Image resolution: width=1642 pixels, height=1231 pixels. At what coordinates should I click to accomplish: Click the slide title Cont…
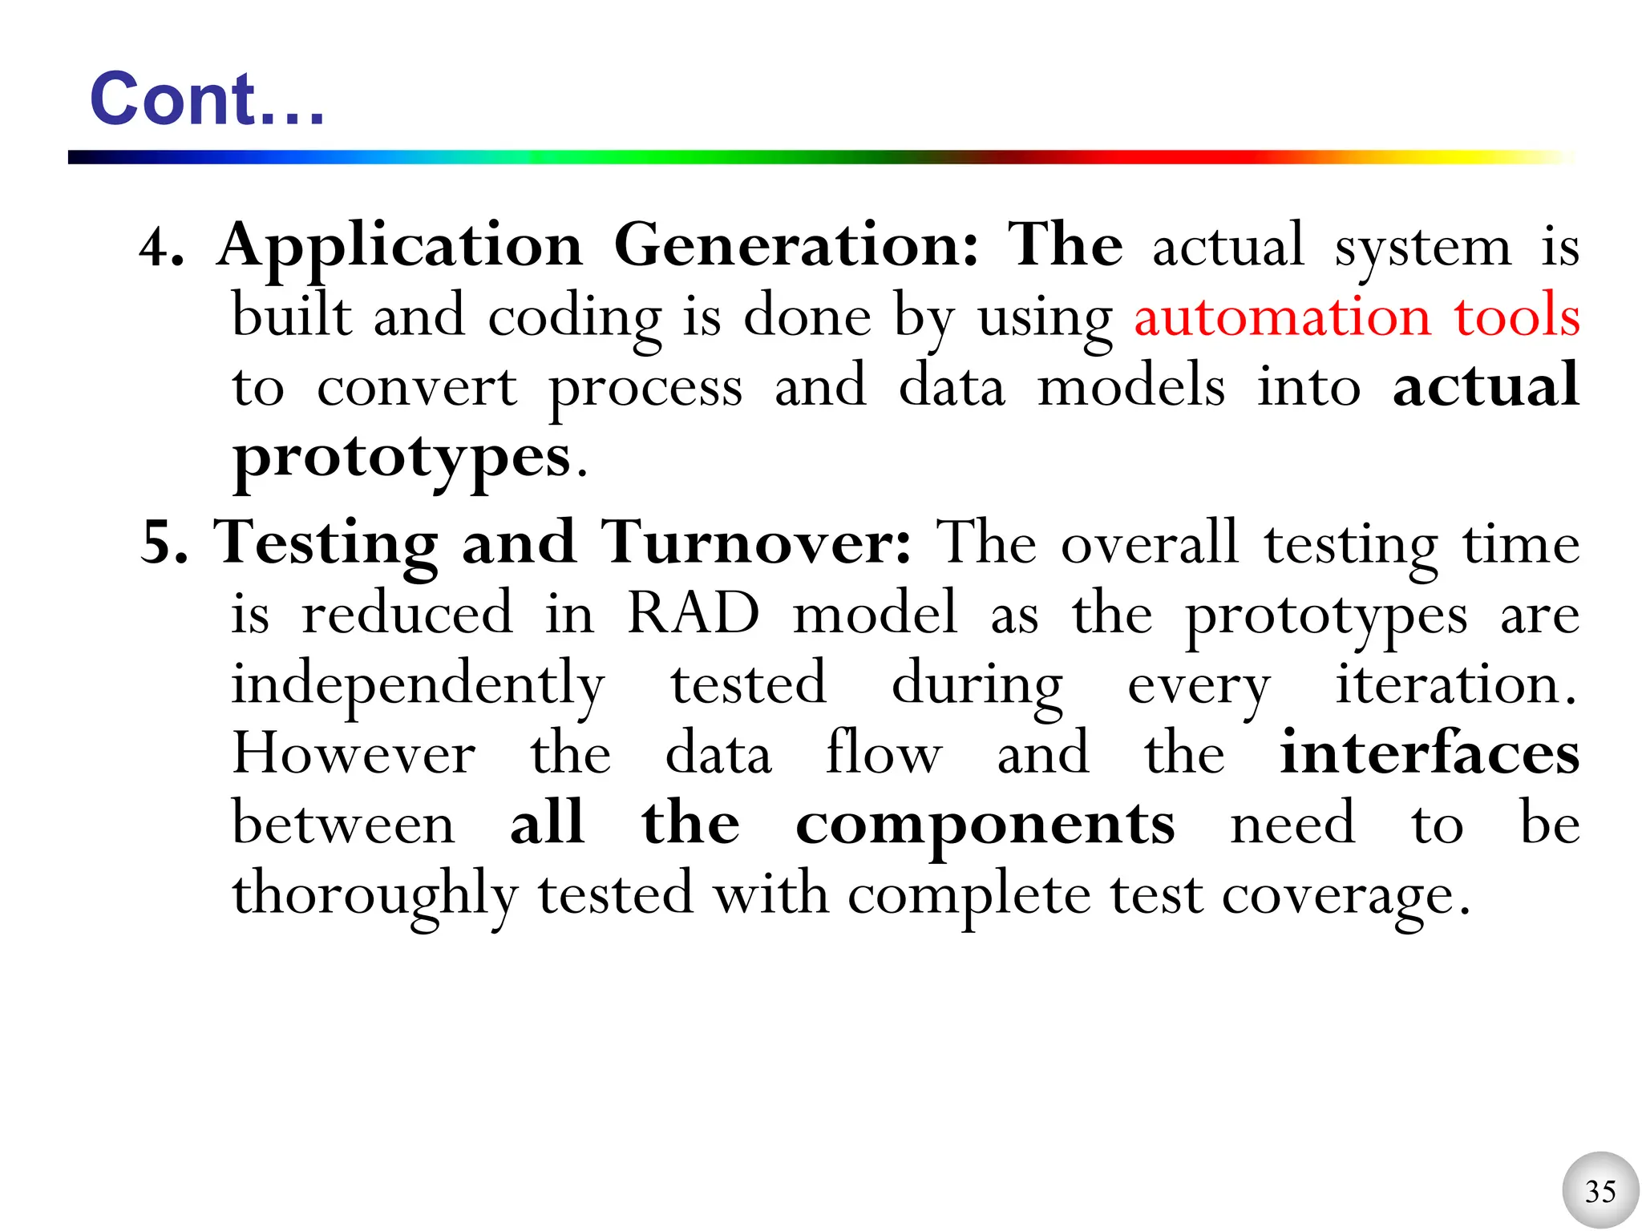(207, 99)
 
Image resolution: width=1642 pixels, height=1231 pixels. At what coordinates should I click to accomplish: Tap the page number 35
(1600, 1191)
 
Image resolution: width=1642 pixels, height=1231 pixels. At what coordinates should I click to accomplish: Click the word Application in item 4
(400, 247)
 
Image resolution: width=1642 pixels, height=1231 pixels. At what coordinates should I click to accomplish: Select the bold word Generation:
(796, 245)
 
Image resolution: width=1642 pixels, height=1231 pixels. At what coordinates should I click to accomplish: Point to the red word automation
(1282, 316)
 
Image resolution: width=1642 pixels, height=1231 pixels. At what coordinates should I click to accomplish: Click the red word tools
(1517, 316)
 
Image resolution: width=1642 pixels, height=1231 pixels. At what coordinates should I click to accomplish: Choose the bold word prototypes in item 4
(402, 458)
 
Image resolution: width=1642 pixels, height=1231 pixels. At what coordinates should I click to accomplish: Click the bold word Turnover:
(756, 543)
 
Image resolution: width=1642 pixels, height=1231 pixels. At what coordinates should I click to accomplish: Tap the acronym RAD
(693, 614)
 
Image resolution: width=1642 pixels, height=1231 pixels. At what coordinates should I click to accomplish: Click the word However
(354, 754)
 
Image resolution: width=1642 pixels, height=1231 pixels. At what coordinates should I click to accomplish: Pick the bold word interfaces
(1430, 753)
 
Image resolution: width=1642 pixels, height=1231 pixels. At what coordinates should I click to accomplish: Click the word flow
(884, 753)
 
